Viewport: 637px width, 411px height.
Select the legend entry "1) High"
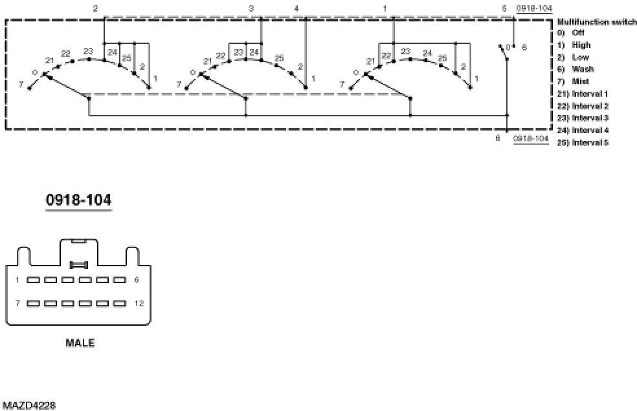tap(576, 45)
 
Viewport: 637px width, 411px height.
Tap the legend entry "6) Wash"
tap(577, 69)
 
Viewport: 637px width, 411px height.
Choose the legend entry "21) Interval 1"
tap(582, 94)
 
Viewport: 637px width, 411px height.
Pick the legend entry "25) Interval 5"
tap(582, 142)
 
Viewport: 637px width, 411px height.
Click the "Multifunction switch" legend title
tap(596, 21)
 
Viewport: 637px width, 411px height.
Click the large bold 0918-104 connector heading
tap(78, 200)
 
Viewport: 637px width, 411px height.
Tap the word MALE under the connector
tap(80, 343)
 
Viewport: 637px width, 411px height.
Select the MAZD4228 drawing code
tap(28, 405)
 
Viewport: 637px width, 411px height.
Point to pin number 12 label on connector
tap(139, 302)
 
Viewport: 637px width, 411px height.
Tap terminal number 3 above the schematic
tap(251, 8)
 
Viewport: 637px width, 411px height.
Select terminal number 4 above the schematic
tap(296, 8)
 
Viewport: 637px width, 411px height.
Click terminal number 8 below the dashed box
tap(498, 138)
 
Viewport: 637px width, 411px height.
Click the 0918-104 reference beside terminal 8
tap(529, 138)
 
